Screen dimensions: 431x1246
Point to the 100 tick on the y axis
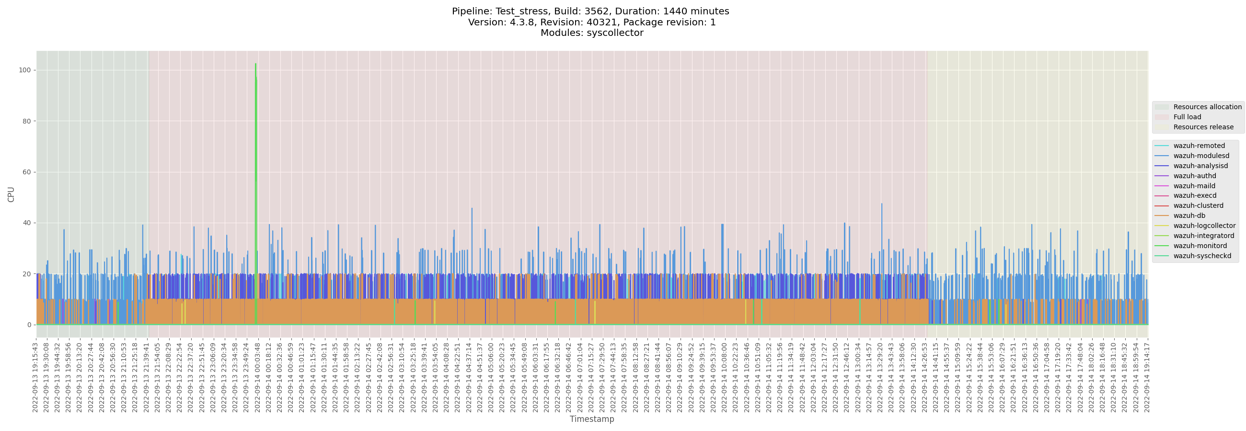point(24,70)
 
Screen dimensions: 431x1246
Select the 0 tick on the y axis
point(29,325)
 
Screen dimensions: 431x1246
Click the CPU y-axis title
point(11,194)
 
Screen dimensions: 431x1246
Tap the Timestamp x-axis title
point(591,419)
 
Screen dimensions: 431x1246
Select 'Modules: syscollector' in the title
point(591,33)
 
